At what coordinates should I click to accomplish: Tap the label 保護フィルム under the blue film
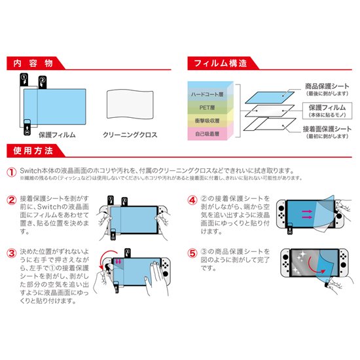click(x=57, y=134)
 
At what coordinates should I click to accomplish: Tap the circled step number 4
click(x=192, y=200)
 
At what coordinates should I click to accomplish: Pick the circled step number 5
click(x=192, y=251)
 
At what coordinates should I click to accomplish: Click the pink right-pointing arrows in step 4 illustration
click(x=305, y=216)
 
